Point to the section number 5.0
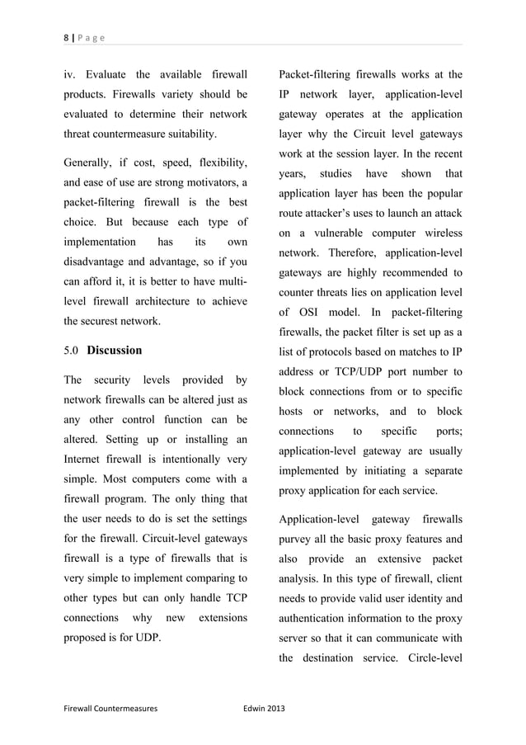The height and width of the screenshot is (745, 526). (x=73, y=351)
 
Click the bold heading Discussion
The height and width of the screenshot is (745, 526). (x=115, y=351)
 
